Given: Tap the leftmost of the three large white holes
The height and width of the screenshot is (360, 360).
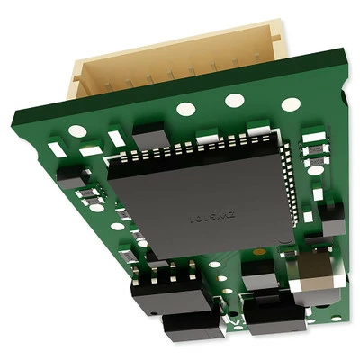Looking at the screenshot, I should coord(186,109).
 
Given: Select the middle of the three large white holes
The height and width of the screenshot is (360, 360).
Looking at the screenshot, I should coord(235,101).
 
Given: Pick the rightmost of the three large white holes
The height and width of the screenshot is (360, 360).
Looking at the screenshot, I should coord(289,104).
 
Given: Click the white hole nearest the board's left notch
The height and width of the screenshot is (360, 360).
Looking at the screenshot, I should coord(75,131).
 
